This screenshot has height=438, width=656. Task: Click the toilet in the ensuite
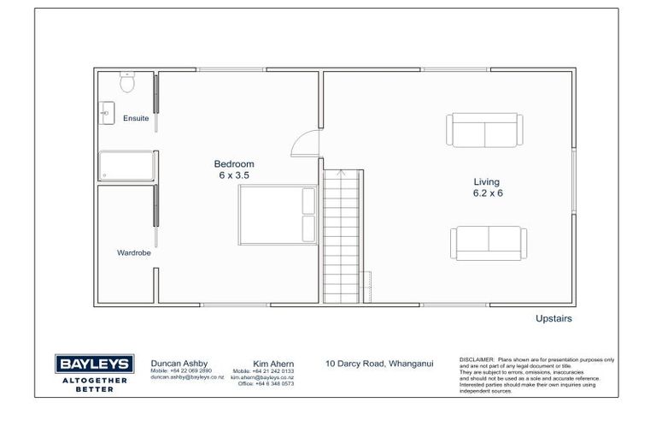pyautogui.click(x=126, y=82)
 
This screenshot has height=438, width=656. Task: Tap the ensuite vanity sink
pyautogui.click(x=106, y=112)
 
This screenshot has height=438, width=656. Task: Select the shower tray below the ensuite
pyautogui.click(x=126, y=166)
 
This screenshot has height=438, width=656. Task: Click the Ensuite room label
pyautogui.click(x=136, y=118)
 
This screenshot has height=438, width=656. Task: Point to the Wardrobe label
pyautogui.click(x=134, y=252)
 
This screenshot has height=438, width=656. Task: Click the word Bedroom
pyautogui.click(x=234, y=163)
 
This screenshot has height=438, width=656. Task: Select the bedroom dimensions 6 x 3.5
pyautogui.click(x=234, y=175)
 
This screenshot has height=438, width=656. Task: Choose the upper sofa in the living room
pyautogui.click(x=483, y=129)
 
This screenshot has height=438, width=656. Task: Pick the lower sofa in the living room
pyautogui.click(x=488, y=243)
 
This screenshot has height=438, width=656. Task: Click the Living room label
pyautogui.click(x=488, y=181)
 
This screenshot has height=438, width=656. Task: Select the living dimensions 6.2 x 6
pyautogui.click(x=488, y=193)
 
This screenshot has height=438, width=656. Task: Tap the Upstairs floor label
pyautogui.click(x=553, y=318)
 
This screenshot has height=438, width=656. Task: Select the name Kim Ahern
pyautogui.click(x=273, y=363)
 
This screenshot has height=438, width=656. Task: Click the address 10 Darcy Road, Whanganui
pyautogui.click(x=379, y=364)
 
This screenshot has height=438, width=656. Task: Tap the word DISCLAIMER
pyautogui.click(x=476, y=360)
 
